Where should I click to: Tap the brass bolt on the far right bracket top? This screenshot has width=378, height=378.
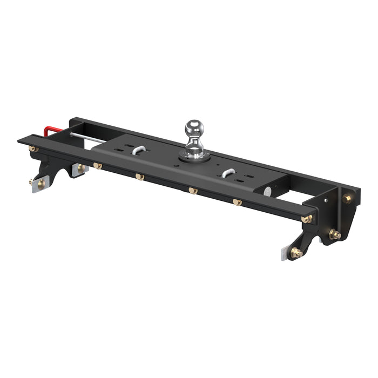pos(347,199)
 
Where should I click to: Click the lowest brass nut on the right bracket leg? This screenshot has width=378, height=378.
pos(296,252)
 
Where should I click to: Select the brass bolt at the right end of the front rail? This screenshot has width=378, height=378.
pos(307,219)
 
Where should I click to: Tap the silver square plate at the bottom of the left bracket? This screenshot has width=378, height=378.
pos(39,185)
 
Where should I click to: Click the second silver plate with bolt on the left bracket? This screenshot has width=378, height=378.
pos(80,169)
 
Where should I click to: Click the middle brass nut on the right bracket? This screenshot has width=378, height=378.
pos(335,234)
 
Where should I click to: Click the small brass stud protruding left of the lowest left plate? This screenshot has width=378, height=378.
pos(30,182)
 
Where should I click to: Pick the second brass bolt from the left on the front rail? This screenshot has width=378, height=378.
pos(98,166)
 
